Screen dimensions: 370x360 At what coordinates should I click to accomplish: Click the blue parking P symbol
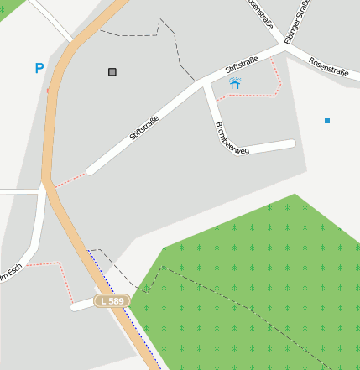point(39,68)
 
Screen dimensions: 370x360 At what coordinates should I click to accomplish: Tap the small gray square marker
point(112,72)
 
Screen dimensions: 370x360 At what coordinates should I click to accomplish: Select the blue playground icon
point(235,83)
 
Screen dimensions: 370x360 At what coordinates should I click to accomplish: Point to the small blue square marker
point(327,121)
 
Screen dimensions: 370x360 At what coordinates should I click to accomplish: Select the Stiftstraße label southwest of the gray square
point(144,128)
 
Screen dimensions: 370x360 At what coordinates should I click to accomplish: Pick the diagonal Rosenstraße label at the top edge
point(260,13)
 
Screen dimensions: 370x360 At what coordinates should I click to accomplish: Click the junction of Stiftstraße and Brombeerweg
point(206,82)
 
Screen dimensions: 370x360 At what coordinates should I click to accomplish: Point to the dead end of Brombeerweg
point(292,144)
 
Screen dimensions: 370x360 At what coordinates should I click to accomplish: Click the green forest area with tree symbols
point(252,285)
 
